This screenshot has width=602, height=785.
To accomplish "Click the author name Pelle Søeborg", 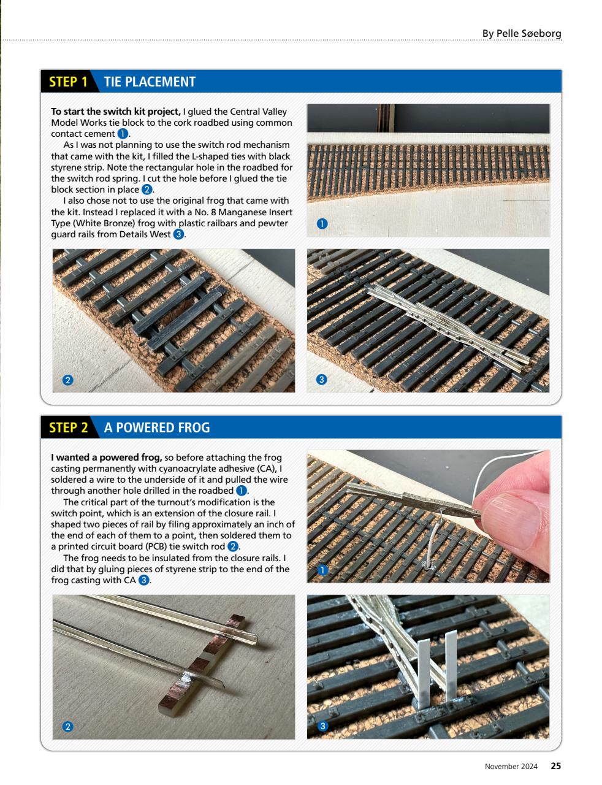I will point(521,33).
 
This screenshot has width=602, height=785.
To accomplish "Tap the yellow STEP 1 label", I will point(68,82).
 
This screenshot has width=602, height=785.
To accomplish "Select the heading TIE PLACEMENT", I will point(150,82).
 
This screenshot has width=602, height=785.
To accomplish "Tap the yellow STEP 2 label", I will point(68,427).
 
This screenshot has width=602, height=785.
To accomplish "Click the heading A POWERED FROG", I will point(157,427).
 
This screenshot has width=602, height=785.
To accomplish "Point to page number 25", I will point(555,766).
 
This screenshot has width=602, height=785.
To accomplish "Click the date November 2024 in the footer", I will point(511,767).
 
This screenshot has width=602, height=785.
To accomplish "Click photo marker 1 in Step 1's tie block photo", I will point(322,224).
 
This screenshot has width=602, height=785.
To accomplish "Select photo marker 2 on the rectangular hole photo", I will point(68,380).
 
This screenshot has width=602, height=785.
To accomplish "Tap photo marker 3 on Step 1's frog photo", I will point(322,380).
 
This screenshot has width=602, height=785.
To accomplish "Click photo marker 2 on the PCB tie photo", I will point(68,727).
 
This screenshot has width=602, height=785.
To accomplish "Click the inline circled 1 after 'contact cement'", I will point(123,134).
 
